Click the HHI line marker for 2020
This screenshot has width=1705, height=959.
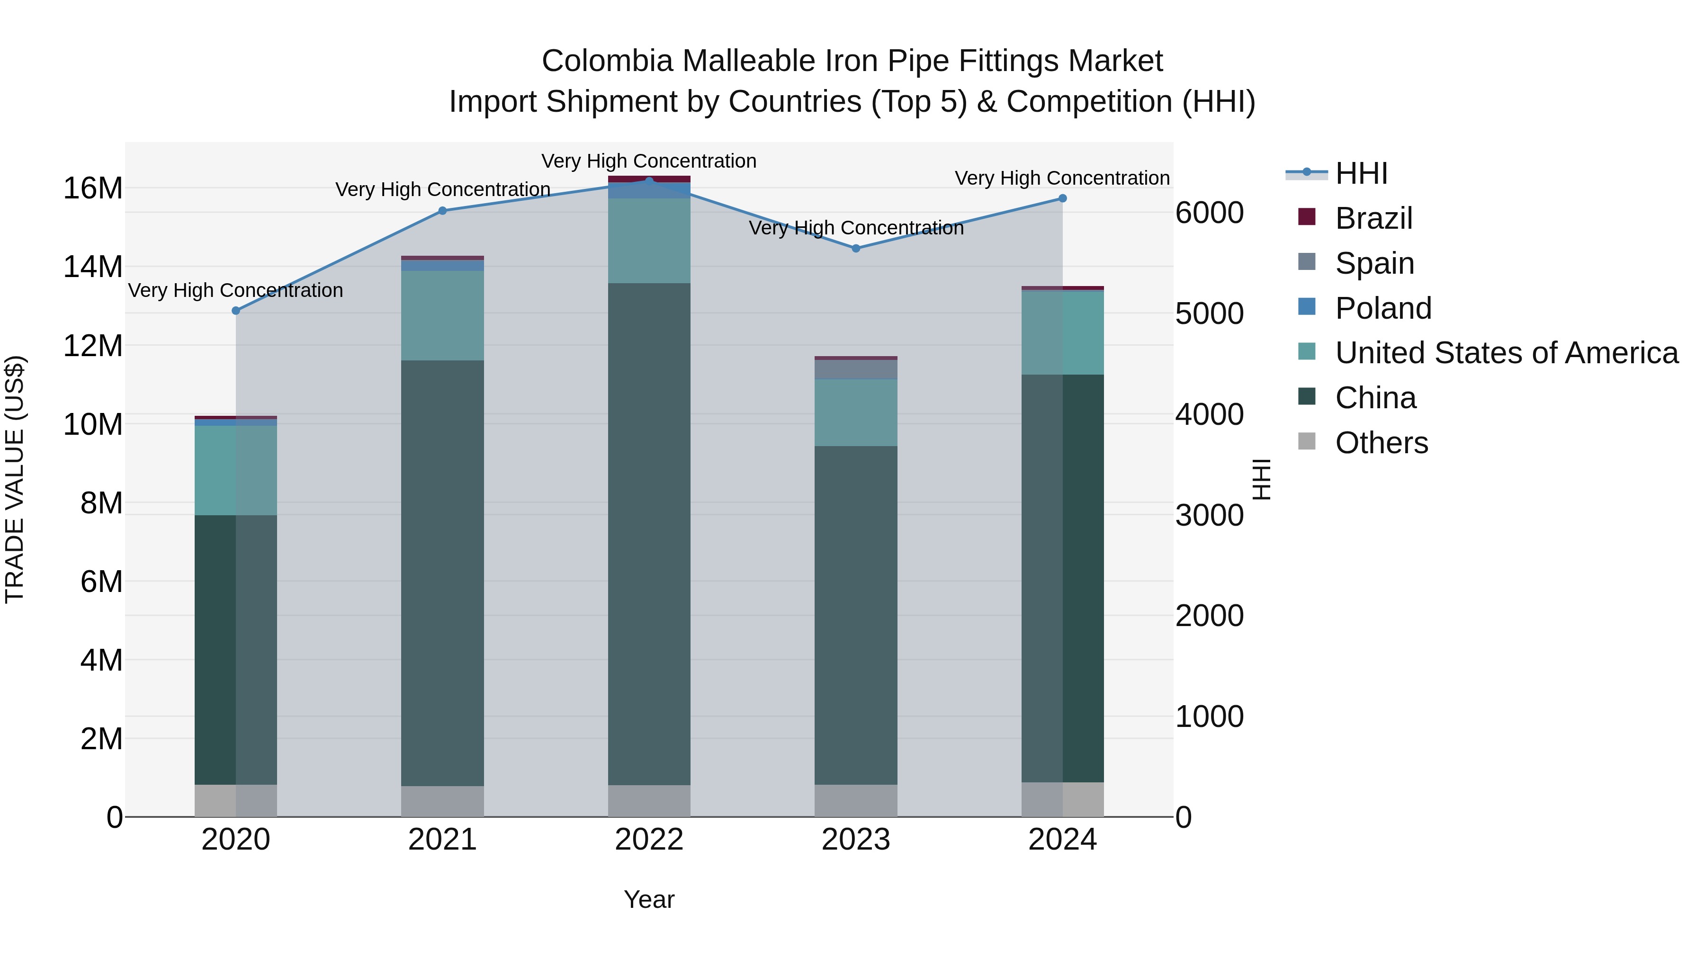tap(236, 310)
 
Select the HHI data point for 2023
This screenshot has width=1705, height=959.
tap(855, 248)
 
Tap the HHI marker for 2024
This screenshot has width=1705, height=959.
tap(1062, 198)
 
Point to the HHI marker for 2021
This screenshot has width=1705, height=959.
tap(442, 210)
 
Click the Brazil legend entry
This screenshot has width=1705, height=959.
tap(1373, 218)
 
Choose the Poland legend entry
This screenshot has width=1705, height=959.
tap(1382, 308)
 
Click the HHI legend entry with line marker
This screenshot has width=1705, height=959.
tap(1360, 173)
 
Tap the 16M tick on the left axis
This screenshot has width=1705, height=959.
tap(93, 188)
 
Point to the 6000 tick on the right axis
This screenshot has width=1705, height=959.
tap(1209, 213)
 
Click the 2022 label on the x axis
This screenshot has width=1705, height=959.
tap(649, 840)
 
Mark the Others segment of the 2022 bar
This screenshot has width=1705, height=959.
tap(649, 800)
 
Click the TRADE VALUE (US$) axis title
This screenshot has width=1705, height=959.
tap(15, 479)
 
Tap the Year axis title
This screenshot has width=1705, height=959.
tap(649, 899)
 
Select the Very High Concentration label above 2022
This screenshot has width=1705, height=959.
tap(649, 161)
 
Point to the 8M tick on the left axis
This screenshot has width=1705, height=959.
tap(101, 503)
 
